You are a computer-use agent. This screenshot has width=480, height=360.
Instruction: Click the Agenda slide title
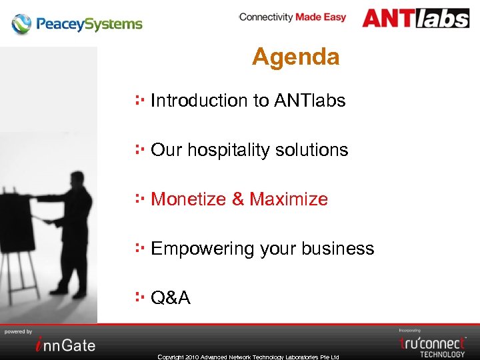295,57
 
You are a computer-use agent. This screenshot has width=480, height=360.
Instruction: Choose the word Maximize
289,199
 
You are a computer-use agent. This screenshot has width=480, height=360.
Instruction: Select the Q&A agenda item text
171,298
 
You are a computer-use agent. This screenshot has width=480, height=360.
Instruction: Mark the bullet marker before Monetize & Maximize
139,198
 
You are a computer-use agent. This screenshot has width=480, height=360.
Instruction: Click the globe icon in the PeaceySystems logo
21,25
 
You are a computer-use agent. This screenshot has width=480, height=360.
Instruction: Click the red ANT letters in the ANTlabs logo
389,18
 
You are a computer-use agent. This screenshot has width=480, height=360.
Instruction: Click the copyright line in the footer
248,357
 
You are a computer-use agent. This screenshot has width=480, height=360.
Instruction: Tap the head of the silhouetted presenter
79,178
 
